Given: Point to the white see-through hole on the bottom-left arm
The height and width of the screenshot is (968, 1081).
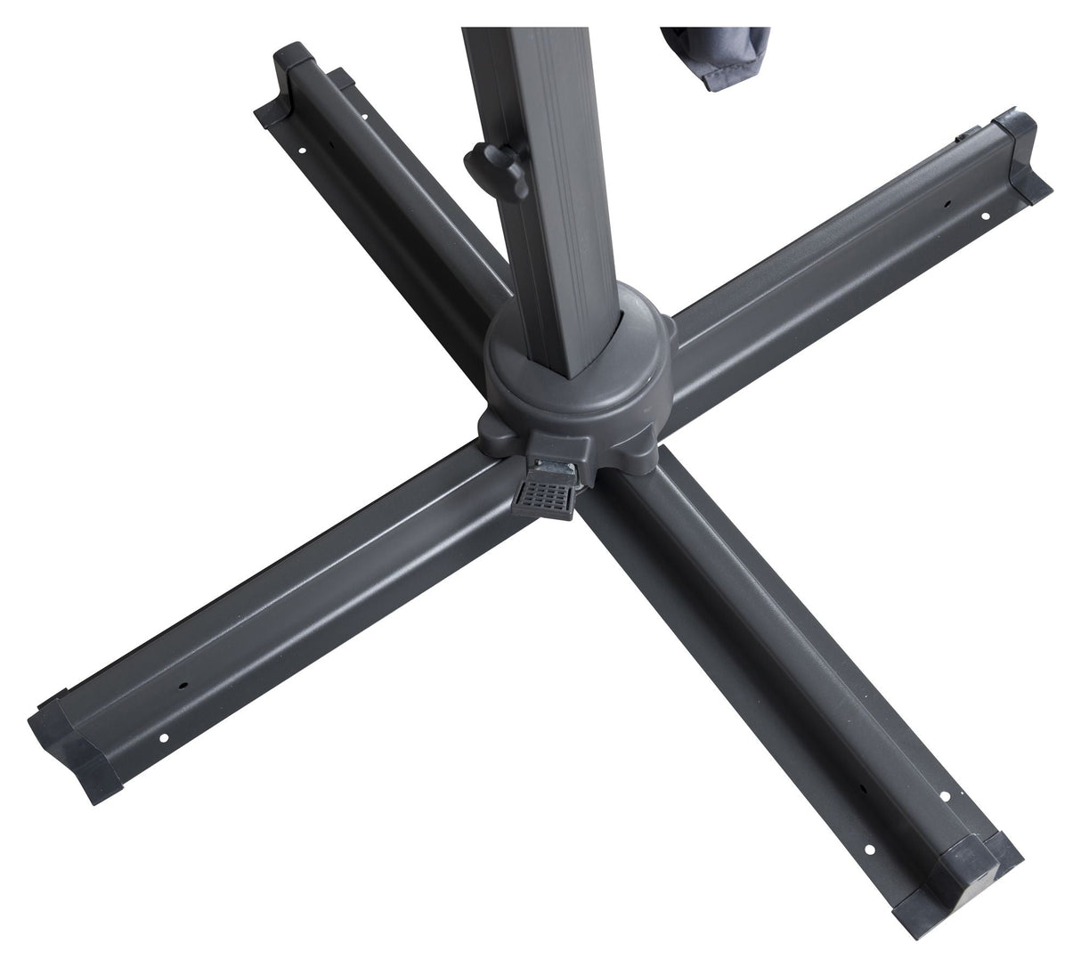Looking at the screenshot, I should [x=166, y=737].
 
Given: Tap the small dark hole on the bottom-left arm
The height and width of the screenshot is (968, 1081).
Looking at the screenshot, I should [x=183, y=687].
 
